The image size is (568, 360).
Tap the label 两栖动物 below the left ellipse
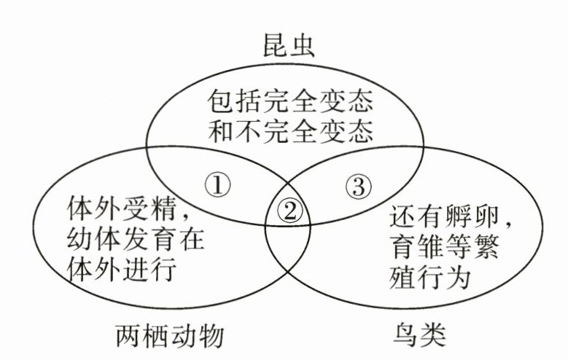pos(168,336)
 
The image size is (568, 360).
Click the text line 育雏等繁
pos(444,251)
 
